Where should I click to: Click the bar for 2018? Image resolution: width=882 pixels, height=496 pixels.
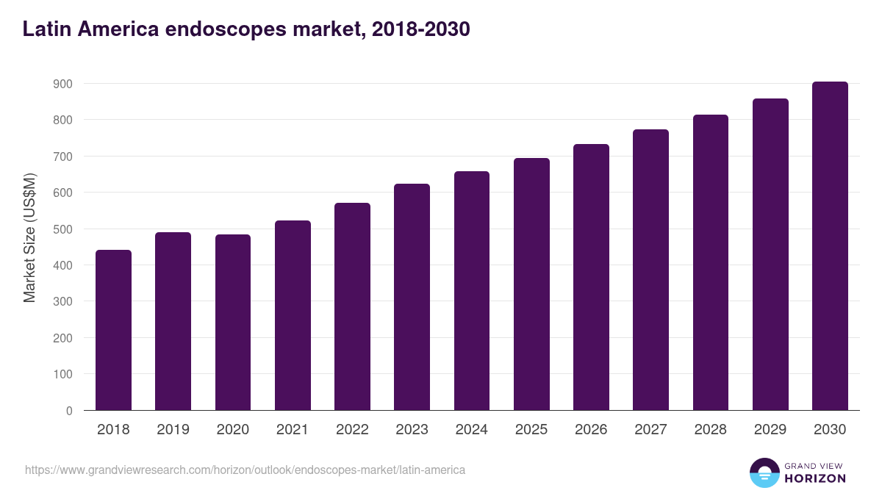(x=113, y=330)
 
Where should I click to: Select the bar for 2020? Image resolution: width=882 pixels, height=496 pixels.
(x=233, y=323)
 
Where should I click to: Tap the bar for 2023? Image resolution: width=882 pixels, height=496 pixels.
(x=412, y=297)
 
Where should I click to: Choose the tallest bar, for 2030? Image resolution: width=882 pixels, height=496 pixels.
(x=830, y=246)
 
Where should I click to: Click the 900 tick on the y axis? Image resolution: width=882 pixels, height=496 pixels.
(x=63, y=84)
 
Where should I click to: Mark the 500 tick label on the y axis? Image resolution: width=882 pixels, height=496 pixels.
(x=63, y=229)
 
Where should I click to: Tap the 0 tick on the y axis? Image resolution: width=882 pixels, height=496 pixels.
(x=69, y=411)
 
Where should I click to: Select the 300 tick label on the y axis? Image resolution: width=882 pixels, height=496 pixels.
(x=63, y=302)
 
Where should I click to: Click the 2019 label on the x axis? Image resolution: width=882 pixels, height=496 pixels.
(x=173, y=430)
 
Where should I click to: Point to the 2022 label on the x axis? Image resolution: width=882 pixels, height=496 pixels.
(x=352, y=430)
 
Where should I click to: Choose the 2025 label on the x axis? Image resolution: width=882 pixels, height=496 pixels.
(x=531, y=430)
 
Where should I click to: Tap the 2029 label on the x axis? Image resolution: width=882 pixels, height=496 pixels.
(x=770, y=430)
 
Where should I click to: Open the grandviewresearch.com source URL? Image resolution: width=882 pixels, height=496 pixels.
(x=245, y=470)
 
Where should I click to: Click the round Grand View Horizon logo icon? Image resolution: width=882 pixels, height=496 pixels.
(x=764, y=472)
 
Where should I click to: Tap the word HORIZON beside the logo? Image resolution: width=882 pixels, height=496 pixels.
(x=815, y=478)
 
